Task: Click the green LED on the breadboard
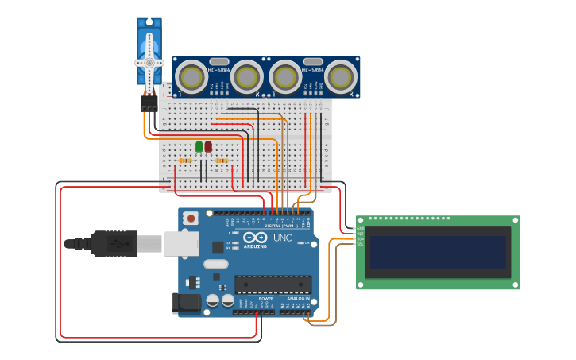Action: (199, 146)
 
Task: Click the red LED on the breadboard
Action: (208, 146)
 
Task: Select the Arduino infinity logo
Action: (256, 238)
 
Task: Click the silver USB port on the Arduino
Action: (181, 243)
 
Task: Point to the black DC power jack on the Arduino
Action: (187, 302)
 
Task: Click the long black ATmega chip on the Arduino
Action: (272, 284)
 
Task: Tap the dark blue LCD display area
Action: (438, 252)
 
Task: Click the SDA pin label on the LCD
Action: (360, 239)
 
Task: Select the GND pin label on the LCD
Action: (360, 229)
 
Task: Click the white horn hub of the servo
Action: (149, 63)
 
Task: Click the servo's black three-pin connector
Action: (149, 103)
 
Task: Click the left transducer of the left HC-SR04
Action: (191, 77)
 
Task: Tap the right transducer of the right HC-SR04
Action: (340, 77)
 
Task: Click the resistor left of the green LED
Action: (185, 161)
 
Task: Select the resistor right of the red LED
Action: (221, 161)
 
